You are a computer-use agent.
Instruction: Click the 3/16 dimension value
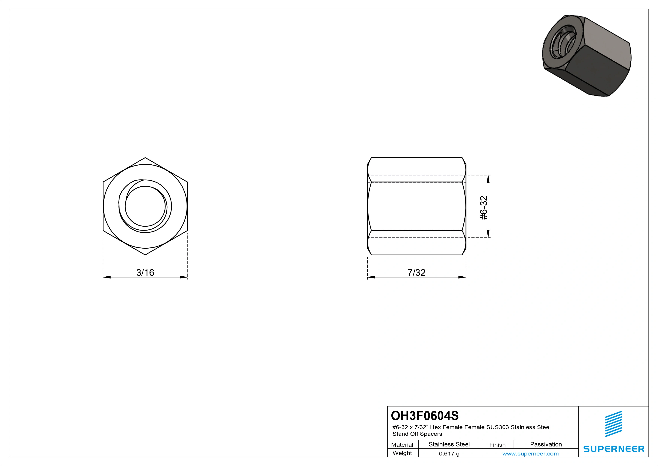click(x=145, y=272)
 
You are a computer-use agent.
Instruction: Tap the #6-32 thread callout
click(x=484, y=208)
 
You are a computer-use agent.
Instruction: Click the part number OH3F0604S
click(x=425, y=415)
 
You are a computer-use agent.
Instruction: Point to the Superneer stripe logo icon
click(x=614, y=424)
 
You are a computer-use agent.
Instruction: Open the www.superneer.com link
click(x=530, y=454)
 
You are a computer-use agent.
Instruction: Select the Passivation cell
click(x=546, y=444)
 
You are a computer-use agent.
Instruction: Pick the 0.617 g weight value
click(x=449, y=454)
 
